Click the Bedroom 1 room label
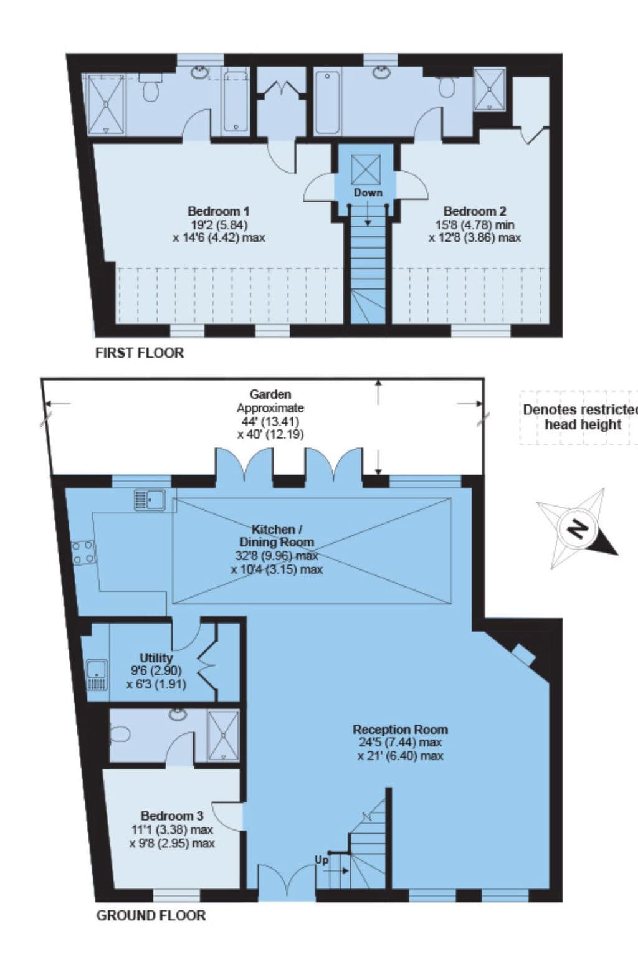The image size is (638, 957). (219, 211)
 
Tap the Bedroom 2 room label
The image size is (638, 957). (475, 211)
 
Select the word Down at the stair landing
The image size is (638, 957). (368, 193)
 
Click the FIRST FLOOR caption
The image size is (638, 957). (140, 353)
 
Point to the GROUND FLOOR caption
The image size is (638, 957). (151, 915)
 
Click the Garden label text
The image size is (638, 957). (270, 394)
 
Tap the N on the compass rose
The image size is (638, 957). (579, 529)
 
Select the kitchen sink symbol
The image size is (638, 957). (150, 500)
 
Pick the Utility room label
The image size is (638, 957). (156, 658)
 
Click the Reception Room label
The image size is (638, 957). (400, 729)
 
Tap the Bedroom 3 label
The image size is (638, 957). (172, 816)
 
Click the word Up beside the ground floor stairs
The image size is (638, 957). (321, 860)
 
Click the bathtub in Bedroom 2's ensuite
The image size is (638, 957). (328, 102)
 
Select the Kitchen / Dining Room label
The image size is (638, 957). (277, 535)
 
